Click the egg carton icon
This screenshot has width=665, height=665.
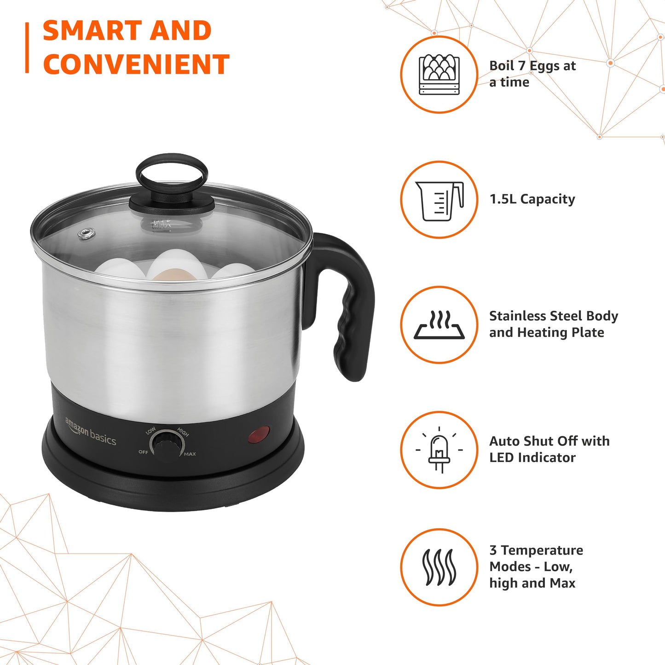pyautogui.click(x=439, y=75)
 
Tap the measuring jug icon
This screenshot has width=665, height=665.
pyautogui.click(x=439, y=200)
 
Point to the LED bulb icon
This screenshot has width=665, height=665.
pyautogui.click(x=439, y=450)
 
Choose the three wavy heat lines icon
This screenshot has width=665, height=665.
pyautogui.click(x=439, y=567)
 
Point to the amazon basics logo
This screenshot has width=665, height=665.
pyautogui.click(x=90, y=432)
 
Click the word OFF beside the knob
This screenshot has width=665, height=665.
pyautogui.click(x=143, y=452)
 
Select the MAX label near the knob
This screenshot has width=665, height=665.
pyautogui.click(x=190, y=454)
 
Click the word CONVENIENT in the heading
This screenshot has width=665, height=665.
pyautogui.click(x=136, y=64)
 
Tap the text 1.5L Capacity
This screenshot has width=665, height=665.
pyautogui.click(x=532, y=199)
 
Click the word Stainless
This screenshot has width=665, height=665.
pyautogui.click(x=518, y=316)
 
